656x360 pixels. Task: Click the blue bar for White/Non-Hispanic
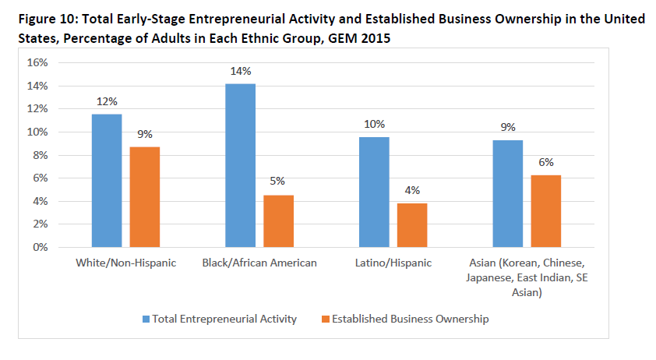(107, 181)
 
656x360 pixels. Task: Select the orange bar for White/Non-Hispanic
(145, 197)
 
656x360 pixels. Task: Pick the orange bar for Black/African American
(278, 221)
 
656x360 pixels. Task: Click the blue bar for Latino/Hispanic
(374, 192)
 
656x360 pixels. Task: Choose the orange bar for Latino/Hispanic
(412, 225)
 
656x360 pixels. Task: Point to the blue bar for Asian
(507, 194)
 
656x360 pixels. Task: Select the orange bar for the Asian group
(545, 211)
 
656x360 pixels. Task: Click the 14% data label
(240, 71)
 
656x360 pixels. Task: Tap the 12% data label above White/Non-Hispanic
(107, 101)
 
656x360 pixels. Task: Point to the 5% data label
(278, 182)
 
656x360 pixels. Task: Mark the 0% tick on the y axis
(41, 247)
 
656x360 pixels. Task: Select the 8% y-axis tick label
(41, 155)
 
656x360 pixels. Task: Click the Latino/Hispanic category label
(393, 263)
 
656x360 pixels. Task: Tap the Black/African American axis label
(259, 263)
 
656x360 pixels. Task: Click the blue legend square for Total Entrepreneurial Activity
(146, 319)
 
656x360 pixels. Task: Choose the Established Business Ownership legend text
(410, 319)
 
